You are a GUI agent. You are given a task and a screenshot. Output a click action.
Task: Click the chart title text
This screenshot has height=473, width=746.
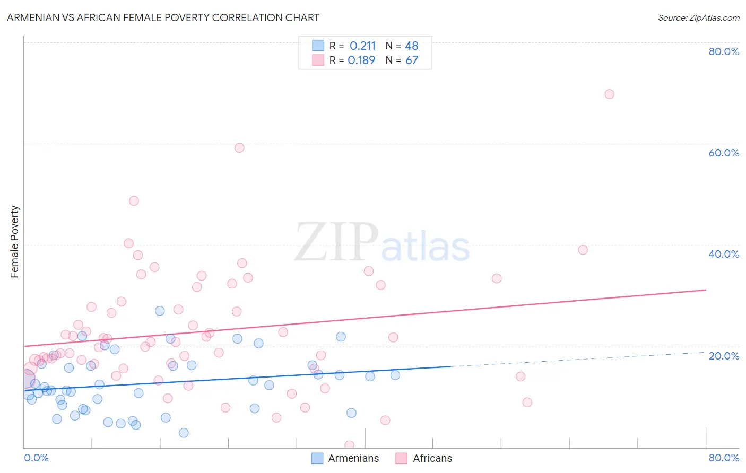coord(163,17)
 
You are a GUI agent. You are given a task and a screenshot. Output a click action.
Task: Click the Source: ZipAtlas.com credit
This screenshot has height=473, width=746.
coord(698,17)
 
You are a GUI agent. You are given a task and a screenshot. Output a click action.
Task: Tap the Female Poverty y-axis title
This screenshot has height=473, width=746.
coord(14,242)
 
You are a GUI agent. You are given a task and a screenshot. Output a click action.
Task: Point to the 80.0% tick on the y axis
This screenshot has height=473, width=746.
coord(724,51)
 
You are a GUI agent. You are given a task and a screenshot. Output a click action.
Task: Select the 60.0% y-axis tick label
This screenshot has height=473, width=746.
coord(724,153)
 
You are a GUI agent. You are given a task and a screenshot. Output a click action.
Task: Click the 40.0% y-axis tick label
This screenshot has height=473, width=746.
coord(724,254)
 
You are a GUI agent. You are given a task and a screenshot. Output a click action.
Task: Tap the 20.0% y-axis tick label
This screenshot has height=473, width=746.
coord(724,356)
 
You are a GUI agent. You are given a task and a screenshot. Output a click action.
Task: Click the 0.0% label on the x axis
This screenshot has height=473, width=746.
coord(36,458)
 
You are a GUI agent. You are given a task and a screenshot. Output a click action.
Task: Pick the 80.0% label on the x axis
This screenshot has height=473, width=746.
coord(724,458)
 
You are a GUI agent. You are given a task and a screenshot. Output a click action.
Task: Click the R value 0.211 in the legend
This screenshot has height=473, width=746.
coord(362,46)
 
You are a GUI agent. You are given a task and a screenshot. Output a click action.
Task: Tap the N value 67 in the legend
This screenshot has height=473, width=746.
coord(412,60)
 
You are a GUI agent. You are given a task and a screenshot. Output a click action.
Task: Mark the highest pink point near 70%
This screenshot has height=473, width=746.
coord(609,94)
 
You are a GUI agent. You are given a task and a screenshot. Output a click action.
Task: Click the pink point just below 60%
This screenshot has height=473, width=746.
coord(239,148)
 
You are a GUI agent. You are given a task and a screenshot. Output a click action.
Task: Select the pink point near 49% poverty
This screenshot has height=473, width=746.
coord(134,201)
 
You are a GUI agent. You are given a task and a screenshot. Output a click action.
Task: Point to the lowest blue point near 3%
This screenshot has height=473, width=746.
coord(184,433)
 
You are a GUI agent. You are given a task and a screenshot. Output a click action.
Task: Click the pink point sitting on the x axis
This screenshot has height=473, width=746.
coord(349,445)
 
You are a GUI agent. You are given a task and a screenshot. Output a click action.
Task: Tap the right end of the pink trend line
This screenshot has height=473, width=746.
coord(706,290)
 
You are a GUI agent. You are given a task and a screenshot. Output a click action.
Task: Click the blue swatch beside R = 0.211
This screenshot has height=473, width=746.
coord(318,46)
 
